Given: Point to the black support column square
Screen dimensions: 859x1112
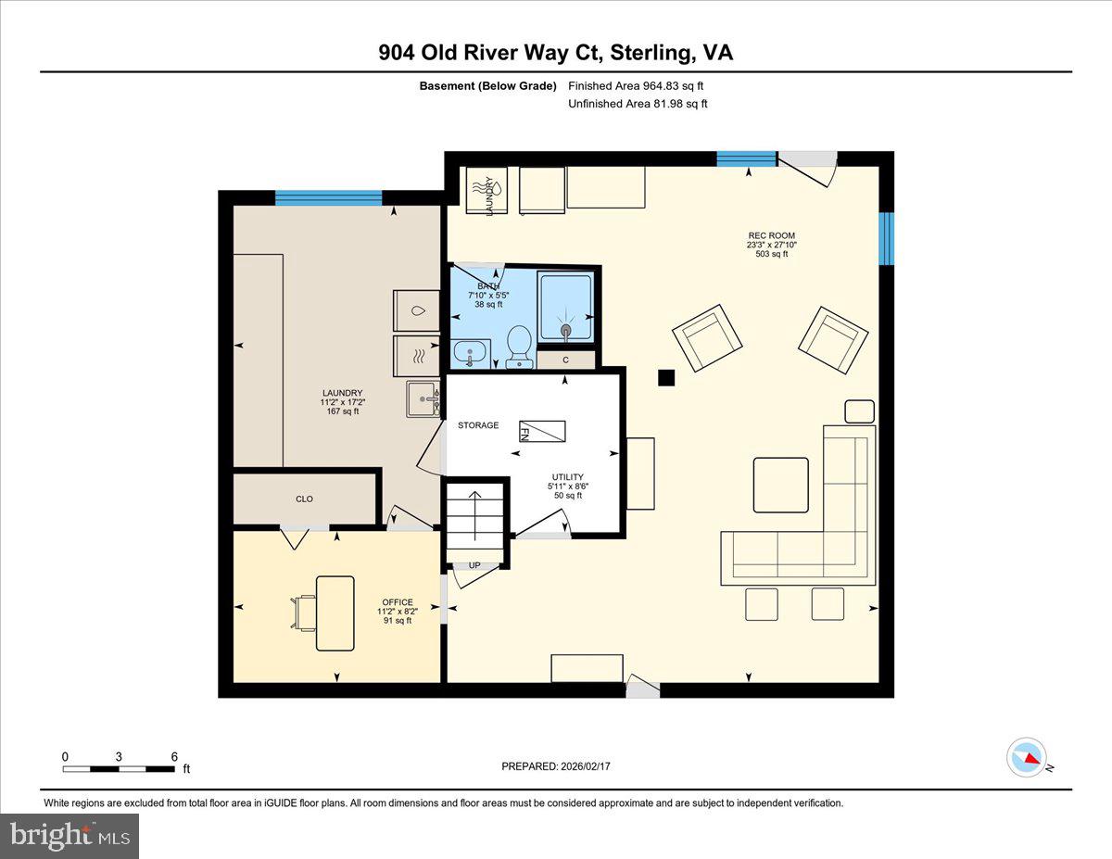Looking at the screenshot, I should (665, 377).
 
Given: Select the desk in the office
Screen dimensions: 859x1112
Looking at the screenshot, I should (335, 613).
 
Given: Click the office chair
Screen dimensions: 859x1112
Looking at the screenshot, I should (305, 613).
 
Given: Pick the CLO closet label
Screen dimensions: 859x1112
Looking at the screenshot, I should (304, 499).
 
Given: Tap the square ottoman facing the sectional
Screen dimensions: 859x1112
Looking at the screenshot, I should (780, 485).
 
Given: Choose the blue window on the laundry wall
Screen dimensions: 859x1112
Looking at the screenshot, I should (328, 197).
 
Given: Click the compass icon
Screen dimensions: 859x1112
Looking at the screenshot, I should (1027, 756).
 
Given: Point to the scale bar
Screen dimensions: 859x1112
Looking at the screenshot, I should (119, 767).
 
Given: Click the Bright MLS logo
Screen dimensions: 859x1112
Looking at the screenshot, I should (69, 835).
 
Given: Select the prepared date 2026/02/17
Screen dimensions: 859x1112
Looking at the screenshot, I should (557, 766).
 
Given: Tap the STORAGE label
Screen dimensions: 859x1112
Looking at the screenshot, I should (478, 425).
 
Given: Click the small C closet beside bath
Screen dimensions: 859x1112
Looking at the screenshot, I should (565, 360).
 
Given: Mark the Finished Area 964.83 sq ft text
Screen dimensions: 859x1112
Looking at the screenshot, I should (642, 85).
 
